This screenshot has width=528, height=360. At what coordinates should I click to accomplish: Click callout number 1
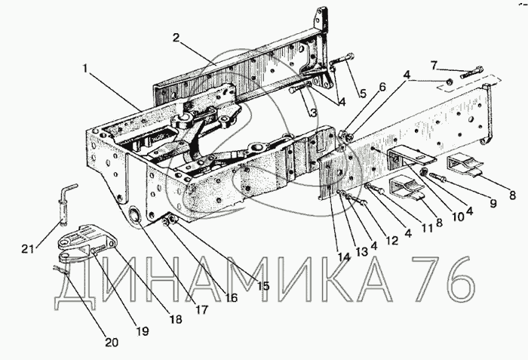[85, 69]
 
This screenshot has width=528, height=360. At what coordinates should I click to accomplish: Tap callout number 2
[176, 38]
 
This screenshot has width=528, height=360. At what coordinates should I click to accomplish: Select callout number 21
[29, 249]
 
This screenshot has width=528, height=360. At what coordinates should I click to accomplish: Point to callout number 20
[112, 343]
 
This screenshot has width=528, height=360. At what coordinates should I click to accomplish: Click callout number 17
[201, 309]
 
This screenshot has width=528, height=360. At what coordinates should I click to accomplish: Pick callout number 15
[263, 286]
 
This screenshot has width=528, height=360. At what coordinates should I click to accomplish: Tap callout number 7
[434, 65]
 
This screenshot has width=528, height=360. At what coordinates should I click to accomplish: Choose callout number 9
[493, 203]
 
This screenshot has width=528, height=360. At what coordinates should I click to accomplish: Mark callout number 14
[344, 257]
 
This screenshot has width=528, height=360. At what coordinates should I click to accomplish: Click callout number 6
[382, 87]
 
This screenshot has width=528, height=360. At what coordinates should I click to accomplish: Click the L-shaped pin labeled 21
[67, 204]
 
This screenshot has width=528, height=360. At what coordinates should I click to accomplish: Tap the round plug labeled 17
[135, 214]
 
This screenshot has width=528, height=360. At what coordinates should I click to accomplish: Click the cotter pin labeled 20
[61, 269]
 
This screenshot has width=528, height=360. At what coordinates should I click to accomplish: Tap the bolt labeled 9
[437, 177]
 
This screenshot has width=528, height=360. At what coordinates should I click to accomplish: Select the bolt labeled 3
[299, 89]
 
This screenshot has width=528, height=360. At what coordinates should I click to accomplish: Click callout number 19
[143, 331]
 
